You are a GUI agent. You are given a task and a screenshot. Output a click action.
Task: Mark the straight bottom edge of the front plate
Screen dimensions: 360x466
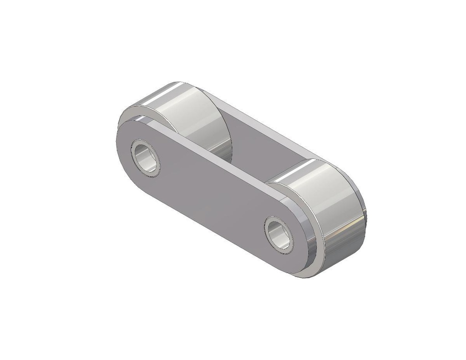point(205,228)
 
